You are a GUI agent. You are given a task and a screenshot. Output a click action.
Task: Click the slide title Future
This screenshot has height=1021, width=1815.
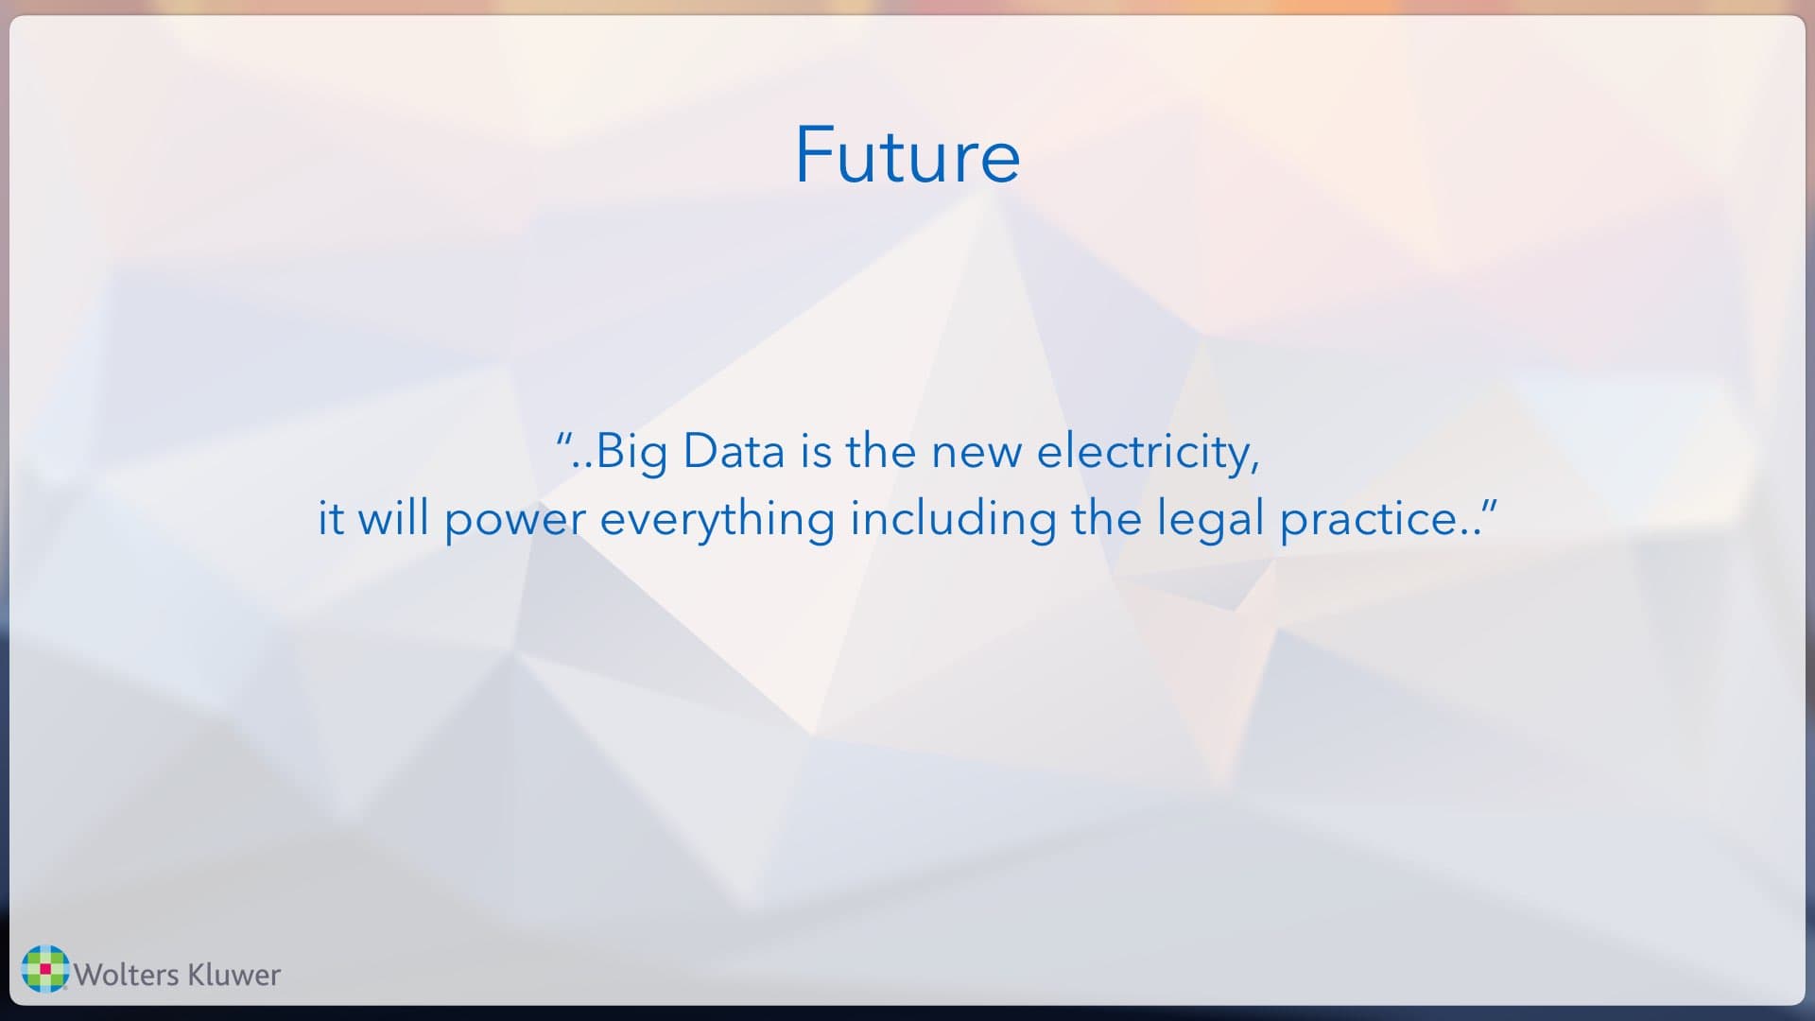pos(907,155)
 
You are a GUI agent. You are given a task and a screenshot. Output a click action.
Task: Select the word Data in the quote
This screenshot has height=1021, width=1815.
pos(734,451)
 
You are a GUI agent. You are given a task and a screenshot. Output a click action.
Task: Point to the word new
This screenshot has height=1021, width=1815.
pos(977,452)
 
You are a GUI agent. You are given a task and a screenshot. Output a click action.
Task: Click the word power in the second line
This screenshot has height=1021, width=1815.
pos(514,520)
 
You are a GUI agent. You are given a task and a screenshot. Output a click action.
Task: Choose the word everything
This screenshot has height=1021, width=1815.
pos(717,520)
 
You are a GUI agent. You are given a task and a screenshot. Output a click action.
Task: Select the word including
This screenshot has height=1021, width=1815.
pos(953,520)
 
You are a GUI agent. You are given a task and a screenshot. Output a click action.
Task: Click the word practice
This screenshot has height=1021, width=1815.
pos(1367,520)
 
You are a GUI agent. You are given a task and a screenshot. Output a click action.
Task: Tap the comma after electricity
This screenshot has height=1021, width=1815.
pos(1255,466)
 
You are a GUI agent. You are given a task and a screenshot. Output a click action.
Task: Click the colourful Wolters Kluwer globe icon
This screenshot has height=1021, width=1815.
pos(45,969)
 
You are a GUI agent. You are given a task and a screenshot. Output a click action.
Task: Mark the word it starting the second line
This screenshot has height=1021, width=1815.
pos(330,518)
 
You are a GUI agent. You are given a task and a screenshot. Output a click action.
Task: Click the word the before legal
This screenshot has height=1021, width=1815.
pos(1106,518)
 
